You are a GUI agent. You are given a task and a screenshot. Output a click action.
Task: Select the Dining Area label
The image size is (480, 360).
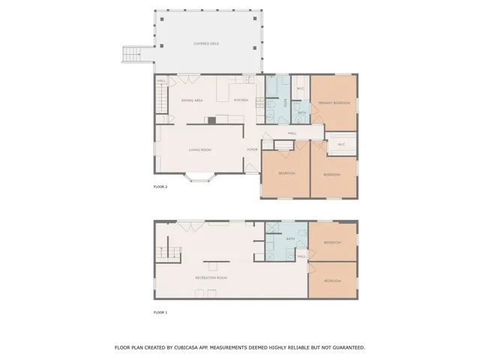tap(192, 100)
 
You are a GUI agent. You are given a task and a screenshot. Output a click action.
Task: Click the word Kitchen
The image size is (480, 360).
tap(241, 100)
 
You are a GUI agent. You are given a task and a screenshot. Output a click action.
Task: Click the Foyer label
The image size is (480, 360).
tap(253, 149)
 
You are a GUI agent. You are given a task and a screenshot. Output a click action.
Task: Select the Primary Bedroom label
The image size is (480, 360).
tap(334, 103)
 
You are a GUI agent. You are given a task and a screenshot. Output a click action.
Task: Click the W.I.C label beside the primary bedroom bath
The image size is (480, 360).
tap(300, 90)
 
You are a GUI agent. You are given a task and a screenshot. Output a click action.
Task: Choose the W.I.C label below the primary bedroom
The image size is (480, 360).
tap(341, 144)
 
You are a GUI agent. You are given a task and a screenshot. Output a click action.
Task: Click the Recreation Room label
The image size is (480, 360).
tap(211, 277)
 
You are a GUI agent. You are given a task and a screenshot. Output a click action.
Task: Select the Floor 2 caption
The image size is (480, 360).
tap(160, 187)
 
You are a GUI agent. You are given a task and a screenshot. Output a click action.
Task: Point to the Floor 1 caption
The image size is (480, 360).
tap(160, 311)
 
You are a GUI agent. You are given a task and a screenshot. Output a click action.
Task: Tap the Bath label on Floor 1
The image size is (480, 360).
tap(291, 239)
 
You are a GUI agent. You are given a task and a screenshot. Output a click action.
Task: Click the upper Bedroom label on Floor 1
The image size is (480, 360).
tap(332, 242)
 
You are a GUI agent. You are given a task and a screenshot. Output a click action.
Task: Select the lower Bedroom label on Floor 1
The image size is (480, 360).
tap(332, 280)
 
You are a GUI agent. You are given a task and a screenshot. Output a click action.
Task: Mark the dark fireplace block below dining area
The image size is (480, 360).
tap(212, 118)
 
